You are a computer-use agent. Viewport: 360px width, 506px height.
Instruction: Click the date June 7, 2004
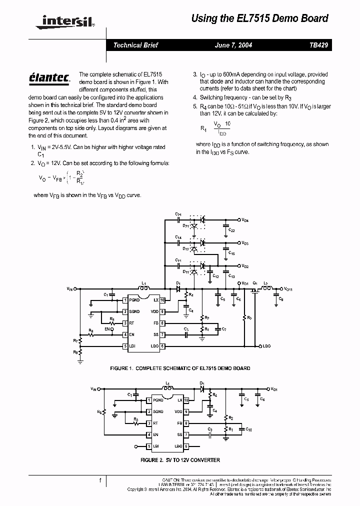233,45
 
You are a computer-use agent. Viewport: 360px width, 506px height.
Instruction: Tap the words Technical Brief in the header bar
135,45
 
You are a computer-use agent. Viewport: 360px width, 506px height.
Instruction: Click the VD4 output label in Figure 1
245,220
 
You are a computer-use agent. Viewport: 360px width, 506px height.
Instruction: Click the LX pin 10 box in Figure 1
162,300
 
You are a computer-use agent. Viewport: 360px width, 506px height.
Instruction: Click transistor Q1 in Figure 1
255,289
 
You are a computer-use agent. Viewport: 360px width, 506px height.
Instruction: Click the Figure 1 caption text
180,368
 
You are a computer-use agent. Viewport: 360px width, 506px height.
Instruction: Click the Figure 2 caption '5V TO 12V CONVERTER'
180,460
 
